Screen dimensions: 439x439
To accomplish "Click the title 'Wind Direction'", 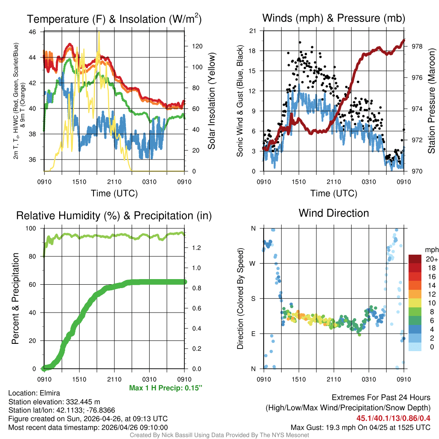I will click(334, 213).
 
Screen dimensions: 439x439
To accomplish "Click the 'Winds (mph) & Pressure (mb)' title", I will click(334, 18).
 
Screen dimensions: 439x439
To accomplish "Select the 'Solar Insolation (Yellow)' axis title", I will click(211, 101).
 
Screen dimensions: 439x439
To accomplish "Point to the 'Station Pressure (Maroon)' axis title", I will click(431, 101).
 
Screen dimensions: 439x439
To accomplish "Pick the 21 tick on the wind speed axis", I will click(253, 31).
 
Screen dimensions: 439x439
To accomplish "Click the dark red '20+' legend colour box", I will click(415, 259).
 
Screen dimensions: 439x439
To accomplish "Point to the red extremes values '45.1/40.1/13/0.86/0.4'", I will click(394, 418).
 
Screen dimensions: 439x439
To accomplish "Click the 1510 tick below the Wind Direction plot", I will click(298, 379).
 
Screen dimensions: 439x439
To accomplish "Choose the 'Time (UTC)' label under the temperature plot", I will click(114, 193).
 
